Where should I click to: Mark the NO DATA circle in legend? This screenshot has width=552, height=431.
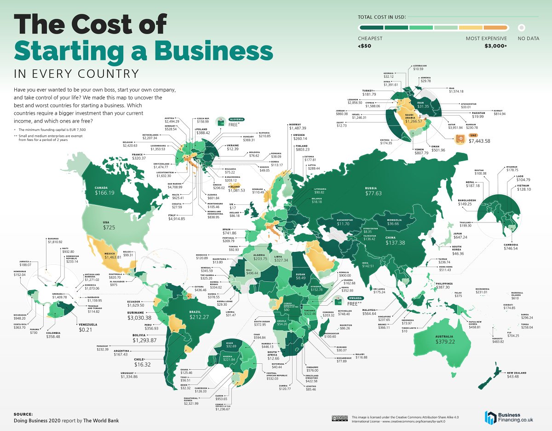[521, 28]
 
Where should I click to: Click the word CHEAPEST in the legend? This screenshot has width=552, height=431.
[370, 39]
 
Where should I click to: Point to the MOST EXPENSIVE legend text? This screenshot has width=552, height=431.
[486, 39]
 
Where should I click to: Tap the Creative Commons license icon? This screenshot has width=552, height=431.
[339, 418]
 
